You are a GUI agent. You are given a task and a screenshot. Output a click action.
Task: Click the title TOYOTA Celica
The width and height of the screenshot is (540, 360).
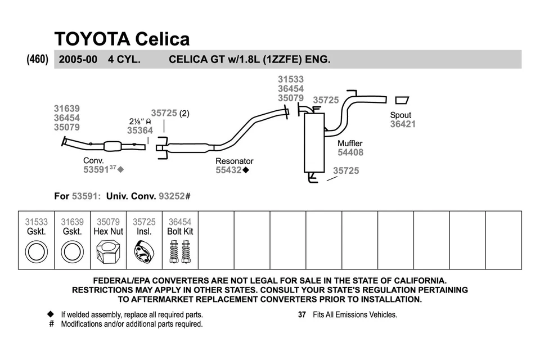[x=121, y=39]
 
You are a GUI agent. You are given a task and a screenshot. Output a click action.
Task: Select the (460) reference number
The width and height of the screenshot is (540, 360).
[x=38, y=59]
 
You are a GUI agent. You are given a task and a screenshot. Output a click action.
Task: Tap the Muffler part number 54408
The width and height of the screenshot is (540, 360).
[x=350, y=152]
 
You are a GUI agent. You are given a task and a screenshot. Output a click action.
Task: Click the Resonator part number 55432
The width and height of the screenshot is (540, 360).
[x=228, y=170]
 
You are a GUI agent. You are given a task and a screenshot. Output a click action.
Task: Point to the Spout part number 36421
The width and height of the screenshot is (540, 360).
[x=403, y=124]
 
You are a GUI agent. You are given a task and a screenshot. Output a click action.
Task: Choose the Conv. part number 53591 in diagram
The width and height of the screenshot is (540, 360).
[x=96, y=169]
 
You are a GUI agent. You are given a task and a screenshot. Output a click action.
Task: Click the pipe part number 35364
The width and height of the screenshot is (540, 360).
[x=139, y=130]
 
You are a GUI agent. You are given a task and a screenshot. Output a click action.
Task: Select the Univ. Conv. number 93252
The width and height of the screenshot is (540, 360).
[x=172, y=196]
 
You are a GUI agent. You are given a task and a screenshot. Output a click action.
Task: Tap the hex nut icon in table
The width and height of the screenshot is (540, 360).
[x=108, y=251]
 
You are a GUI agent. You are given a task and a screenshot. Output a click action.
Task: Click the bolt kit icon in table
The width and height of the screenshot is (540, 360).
[x=180, y=251]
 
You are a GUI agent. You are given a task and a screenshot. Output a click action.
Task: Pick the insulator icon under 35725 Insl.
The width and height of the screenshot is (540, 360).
[x=144, y=252]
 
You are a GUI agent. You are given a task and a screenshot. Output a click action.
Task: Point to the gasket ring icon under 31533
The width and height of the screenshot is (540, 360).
[x=37, y=251]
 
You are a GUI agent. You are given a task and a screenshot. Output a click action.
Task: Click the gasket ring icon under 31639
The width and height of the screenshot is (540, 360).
[x=72, y=251]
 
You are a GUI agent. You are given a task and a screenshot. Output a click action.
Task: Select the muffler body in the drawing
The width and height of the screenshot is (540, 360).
[x=314, y=143]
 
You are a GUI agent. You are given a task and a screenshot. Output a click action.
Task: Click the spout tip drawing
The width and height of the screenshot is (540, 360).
[x=402, y=100]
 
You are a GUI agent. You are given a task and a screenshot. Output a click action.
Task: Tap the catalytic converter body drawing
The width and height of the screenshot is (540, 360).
[x=114, y=146]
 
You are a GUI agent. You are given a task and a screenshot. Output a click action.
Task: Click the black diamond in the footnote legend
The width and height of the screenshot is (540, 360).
[x=51, y=314]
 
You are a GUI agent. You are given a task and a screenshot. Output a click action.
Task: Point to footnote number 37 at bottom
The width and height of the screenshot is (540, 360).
[x=301, y=315]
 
